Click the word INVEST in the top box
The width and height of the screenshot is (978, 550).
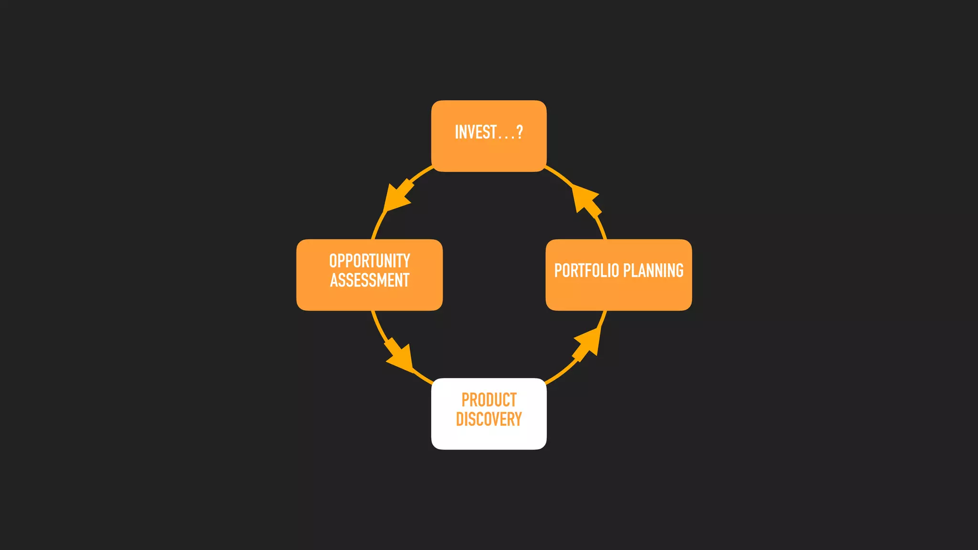click(x=476, y=132)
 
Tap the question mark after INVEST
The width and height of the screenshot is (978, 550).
click(x=520, y=132)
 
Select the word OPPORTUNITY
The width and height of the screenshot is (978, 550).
click(x=370, y=261)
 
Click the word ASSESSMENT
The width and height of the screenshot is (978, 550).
click(x=370, y=280)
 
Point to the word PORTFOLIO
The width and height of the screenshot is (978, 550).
click(x=586, y=271)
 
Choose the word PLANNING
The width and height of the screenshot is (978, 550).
click(x=653, y=271)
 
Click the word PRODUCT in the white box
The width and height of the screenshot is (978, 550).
click(x=489, y=400)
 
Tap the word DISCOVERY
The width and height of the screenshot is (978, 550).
click(x=489, y=419)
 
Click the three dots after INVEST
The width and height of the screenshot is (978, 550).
click(x=506, y=137)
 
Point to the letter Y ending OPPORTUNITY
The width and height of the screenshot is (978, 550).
click(x=406, y=261)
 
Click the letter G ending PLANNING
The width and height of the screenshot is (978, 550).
click(x=679, y=271)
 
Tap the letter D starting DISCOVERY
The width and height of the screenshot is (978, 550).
click(x=460, y=419)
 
